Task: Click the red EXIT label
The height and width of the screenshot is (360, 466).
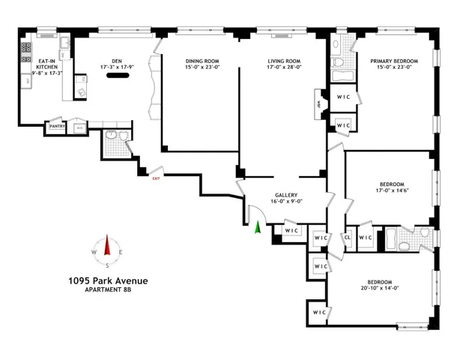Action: point(156,178)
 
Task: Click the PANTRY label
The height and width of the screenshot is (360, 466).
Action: point(58,127)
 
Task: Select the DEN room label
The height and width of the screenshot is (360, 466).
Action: point(116,61)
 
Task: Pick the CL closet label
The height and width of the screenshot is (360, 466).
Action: point(347,238)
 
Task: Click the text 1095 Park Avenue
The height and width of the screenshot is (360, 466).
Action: point(108,280)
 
